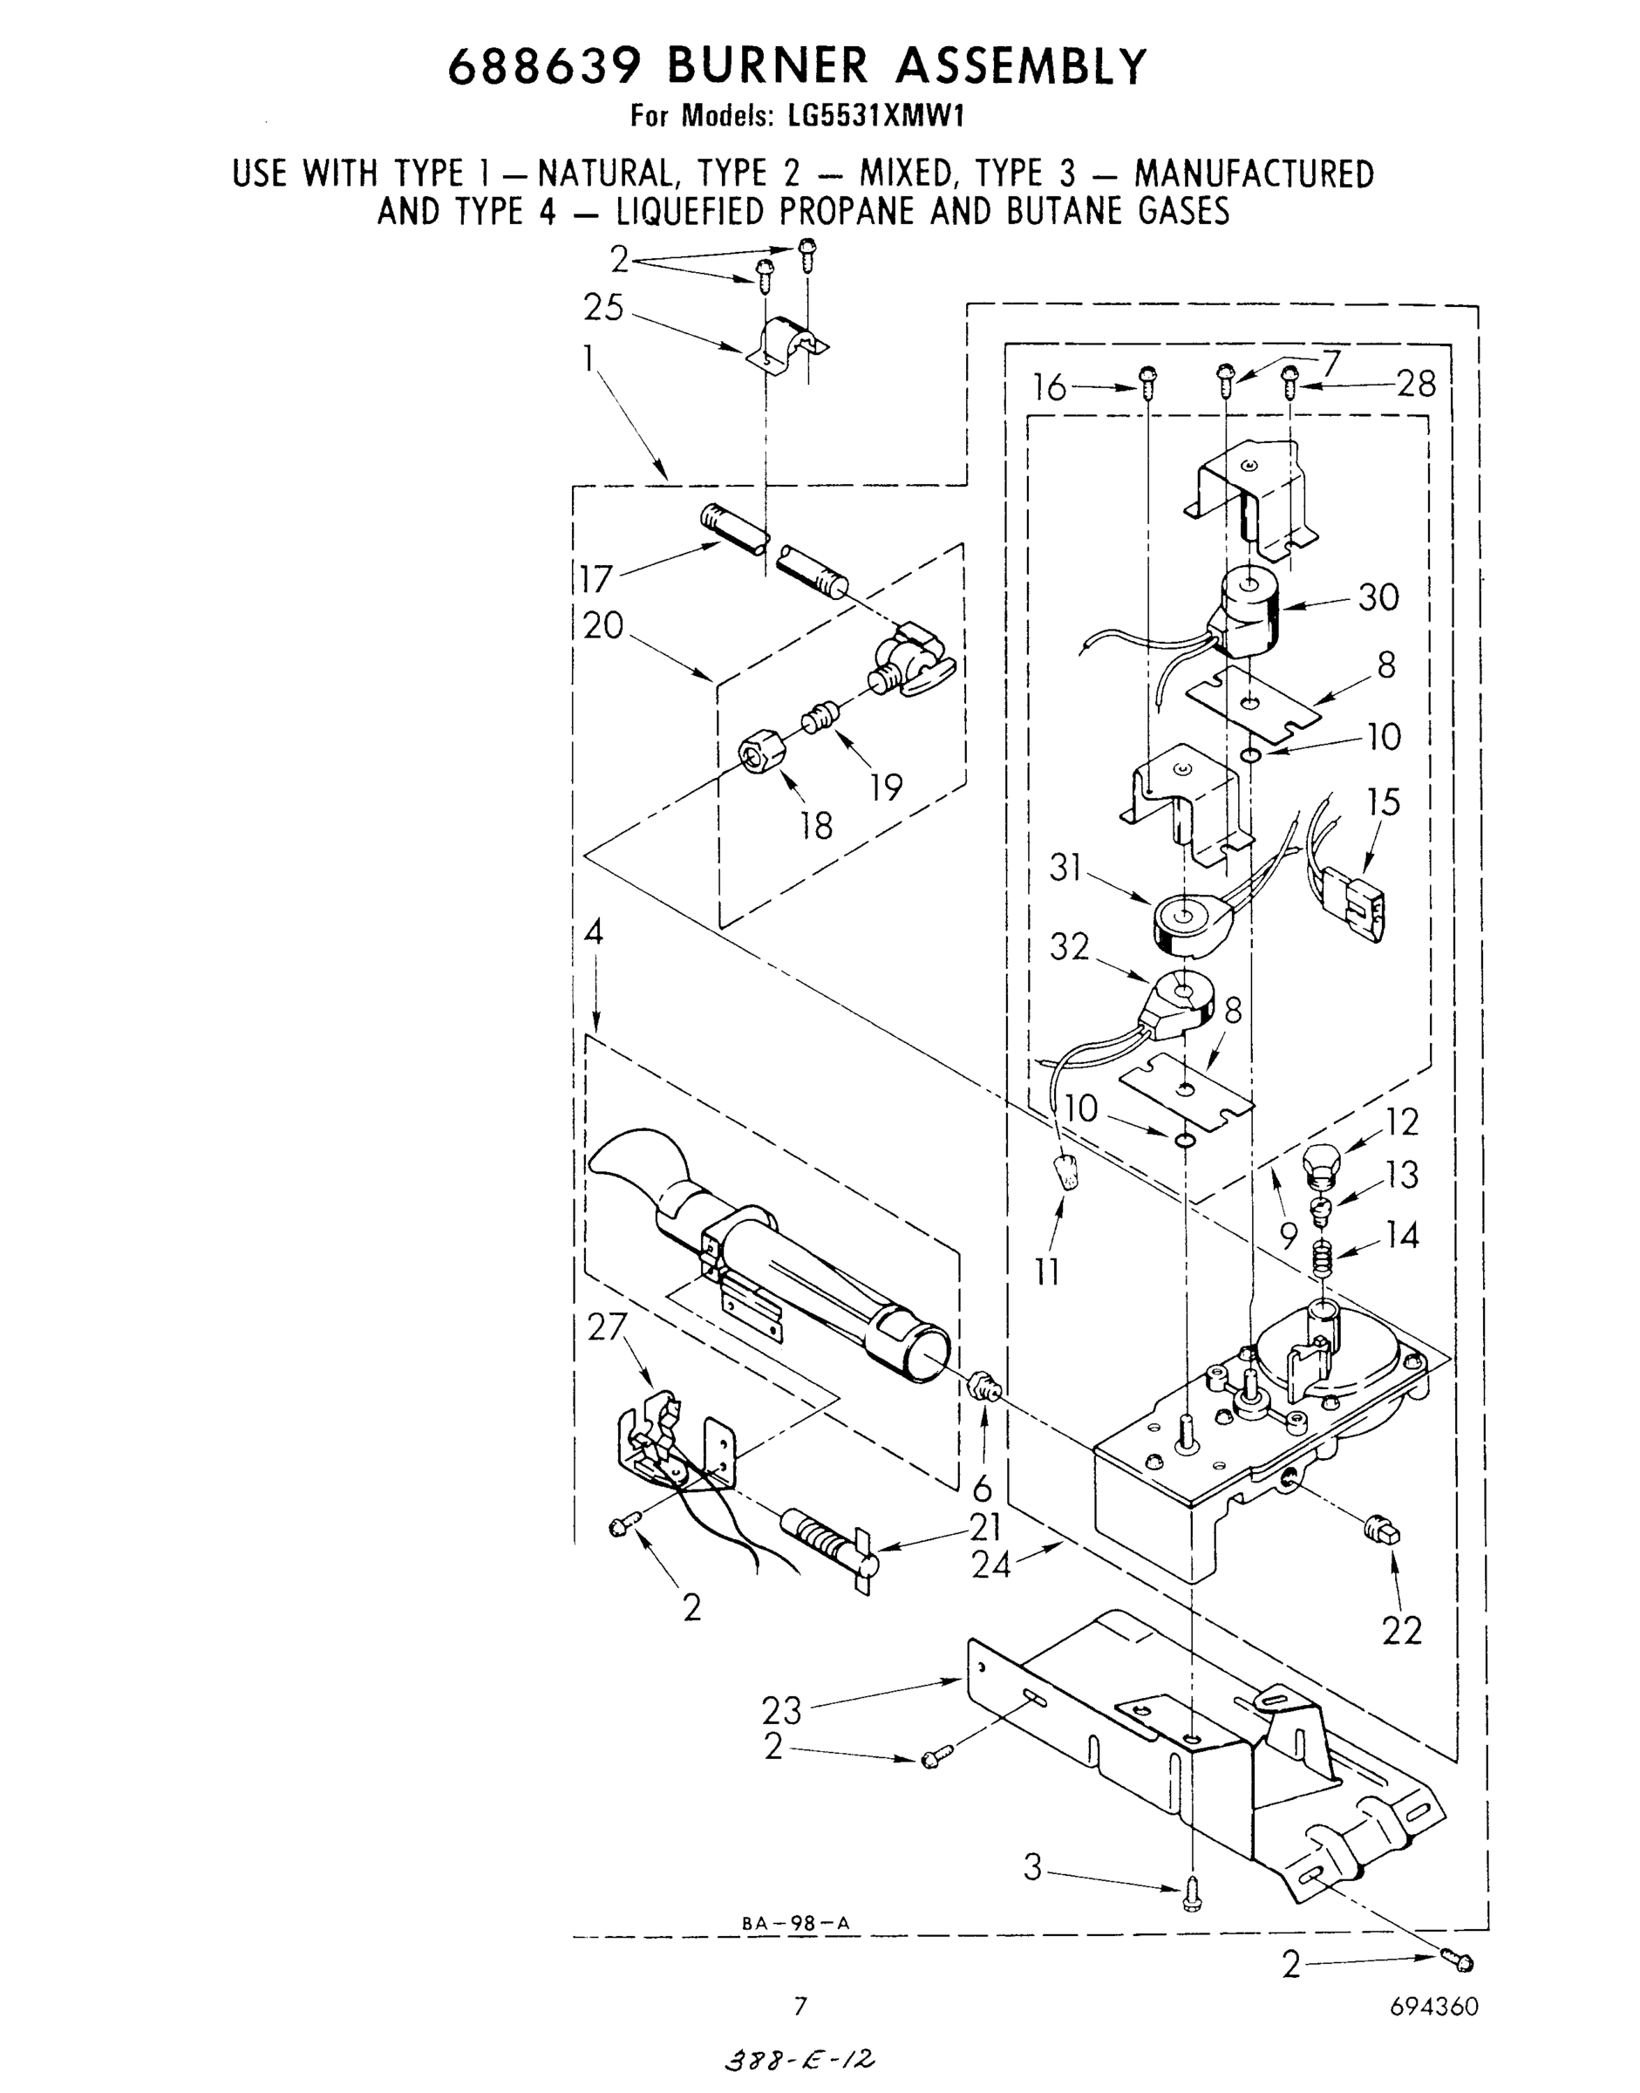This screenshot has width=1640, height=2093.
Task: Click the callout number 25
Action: (603, 309)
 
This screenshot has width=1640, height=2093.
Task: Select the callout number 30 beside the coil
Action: (1378, 597)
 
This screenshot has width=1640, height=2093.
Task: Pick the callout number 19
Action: (886, 787)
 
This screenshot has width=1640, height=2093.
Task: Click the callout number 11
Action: (1046, 1271)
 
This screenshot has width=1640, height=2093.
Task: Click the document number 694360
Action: (1433, 2007)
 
